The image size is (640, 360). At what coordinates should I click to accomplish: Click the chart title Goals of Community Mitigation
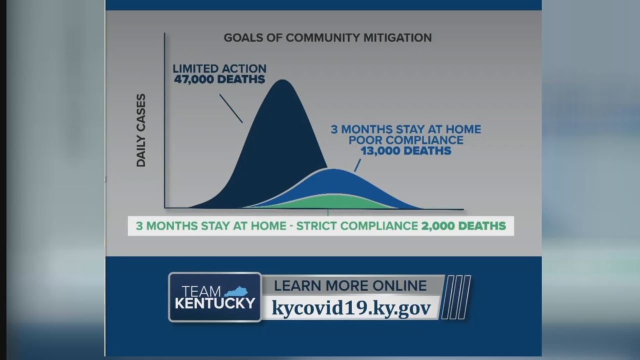coord(327,38)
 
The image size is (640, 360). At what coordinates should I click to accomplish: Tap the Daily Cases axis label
coord(141,130)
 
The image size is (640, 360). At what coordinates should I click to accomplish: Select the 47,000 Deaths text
coord(219,79)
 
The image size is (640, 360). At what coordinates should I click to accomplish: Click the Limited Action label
coord(219,69)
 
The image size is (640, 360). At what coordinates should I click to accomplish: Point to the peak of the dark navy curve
coord(282,80)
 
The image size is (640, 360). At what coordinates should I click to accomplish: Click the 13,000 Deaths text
coord(406,151)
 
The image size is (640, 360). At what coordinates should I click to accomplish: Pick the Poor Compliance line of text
coord(406,140)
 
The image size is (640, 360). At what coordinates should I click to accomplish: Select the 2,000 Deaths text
coord(463,226)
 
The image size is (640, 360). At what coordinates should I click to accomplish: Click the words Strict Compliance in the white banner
coord(357,226)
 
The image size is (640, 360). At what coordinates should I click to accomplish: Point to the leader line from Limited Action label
coord(231,108)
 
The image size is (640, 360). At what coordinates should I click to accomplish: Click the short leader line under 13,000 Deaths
coord(357,165)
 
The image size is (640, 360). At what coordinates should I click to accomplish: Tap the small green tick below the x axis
coord(328,212)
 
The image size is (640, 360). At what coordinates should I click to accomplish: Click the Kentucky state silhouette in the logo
coord(236,291)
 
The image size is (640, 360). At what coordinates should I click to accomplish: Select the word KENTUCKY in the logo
coord(215,303)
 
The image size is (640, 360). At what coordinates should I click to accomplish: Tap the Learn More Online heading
coord(350,286)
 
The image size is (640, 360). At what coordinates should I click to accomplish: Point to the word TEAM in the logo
coord(201,291)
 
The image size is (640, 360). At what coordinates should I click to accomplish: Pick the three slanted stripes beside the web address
coord(456,297)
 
